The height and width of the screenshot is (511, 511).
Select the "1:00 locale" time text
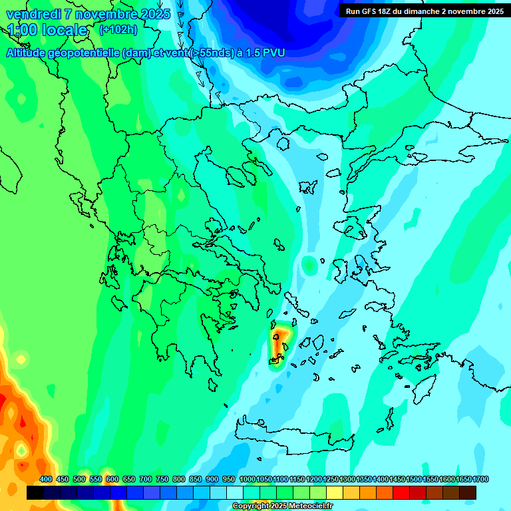coord(48,31)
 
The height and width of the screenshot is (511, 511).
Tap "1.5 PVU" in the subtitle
coord(265,53)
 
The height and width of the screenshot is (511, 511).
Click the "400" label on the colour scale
coord(45,480)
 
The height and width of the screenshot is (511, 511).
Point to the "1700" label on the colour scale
coord(480,480)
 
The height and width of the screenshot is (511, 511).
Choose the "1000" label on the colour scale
coord(247,480)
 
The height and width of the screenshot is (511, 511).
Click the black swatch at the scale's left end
coord(35,492)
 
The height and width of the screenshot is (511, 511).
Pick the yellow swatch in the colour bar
coord(335,492)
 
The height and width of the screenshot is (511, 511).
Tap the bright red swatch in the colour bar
coord(401,492)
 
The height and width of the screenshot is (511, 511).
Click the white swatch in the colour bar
coord(235,492)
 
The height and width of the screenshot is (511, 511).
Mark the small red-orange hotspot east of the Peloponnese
coord(280,341)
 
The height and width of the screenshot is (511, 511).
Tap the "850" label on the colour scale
coord(196,480)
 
